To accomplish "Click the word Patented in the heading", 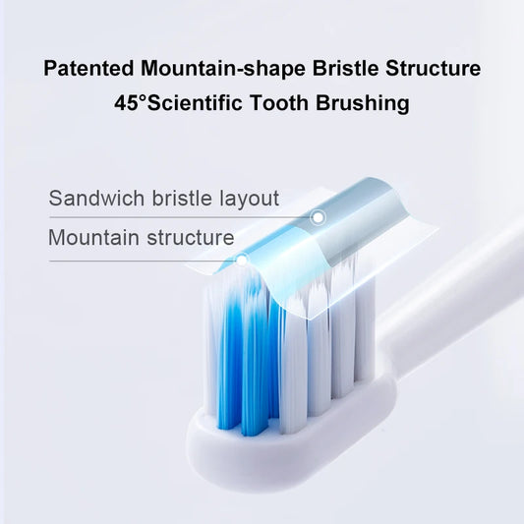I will (x=89, y=69).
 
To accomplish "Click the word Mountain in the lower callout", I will (x=90, y=237).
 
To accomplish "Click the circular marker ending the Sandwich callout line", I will (x=318, y=216).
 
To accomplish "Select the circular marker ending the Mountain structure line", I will (x=241, y=261).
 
